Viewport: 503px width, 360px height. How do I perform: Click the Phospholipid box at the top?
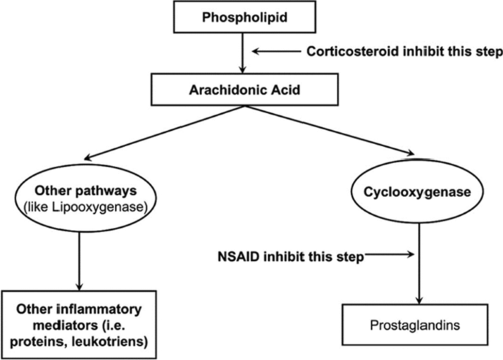click(x=244, y=16)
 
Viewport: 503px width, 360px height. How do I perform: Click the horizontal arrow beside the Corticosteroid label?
click(x=276, y=51)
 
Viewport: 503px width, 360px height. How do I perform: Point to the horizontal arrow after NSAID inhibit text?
click(x=390, y=255)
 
